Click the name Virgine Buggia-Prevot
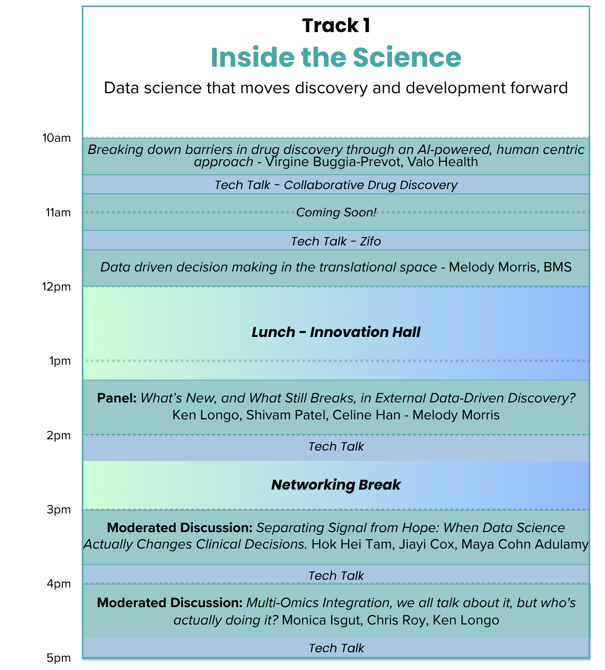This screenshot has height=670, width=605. pyautogui.click(x=334, y=162)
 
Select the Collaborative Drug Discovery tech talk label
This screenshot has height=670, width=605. pyautogui.click(x=370, y=185)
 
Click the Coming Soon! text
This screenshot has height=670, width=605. pyautogui.click(x=336, y=212)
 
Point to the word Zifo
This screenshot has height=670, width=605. pyautogui.click(x=370, y=242)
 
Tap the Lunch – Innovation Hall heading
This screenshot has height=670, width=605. pyautogui.click(x=336, y=332)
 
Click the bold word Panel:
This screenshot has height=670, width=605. pyautogui.click(x=117, y=398)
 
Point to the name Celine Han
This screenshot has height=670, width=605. pyautogui.click(x=366, y=415)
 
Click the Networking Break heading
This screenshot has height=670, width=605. pyautogui.click(x=336, y=485)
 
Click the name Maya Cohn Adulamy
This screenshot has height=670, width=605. pyautogui.click(x=525, y=544)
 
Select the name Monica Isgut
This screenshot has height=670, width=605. pyautogui.click(x=321, y=620)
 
